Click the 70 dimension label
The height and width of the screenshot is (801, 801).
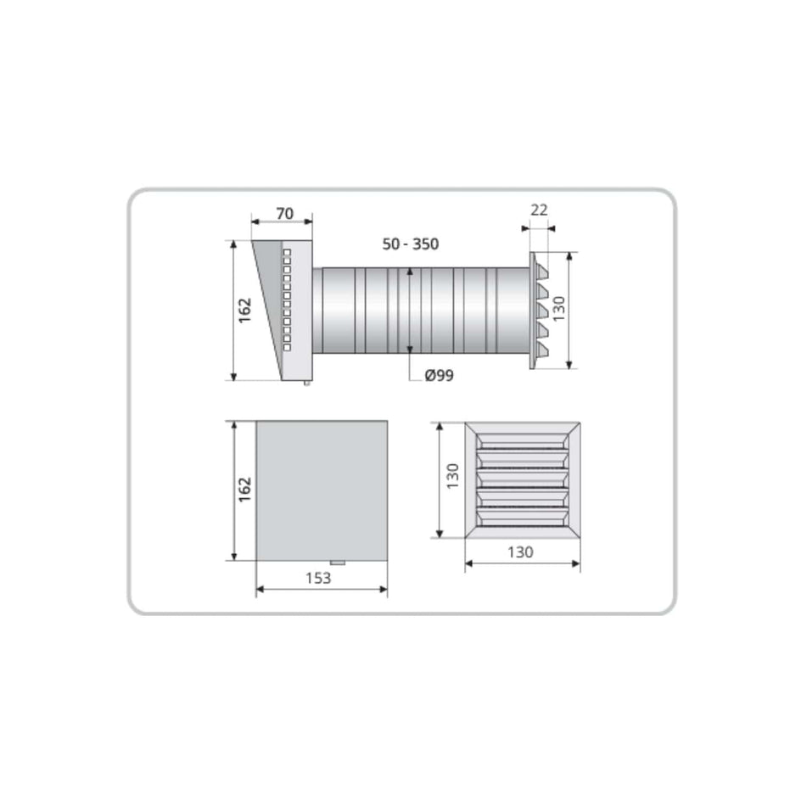pos(283,214)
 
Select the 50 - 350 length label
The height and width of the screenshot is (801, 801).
pos(410,244)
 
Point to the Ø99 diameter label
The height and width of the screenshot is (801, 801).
pos(439,374)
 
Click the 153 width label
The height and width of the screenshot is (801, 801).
pos(319,578)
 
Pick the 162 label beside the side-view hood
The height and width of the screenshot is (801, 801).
pos(244,311)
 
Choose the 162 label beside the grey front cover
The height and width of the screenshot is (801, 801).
pos(244,490)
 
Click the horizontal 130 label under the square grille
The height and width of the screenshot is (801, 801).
pos(520,552)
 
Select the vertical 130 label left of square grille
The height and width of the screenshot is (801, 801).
pos(451,477)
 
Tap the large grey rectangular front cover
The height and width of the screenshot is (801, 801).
pos(322,490)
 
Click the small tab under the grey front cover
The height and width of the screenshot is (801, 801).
pos(339,563)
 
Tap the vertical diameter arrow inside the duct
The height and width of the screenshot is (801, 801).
pos(410,311)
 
